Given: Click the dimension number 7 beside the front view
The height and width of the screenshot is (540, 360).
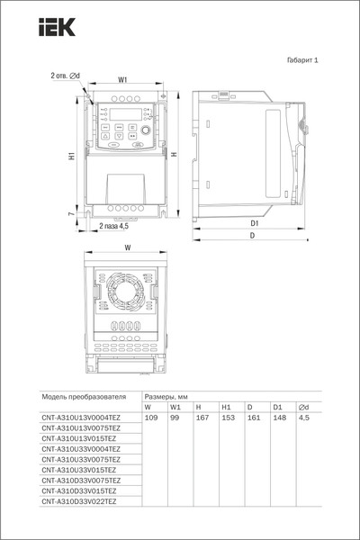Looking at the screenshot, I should (x=71, y=214).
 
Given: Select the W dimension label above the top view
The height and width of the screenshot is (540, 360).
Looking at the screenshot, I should (x=127, y=247).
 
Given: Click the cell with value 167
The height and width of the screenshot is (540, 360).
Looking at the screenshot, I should (x=199, y=418).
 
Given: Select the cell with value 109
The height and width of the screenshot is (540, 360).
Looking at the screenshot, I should (x=151, y=418).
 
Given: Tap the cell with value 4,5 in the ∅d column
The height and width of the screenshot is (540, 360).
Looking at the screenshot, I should (x=303, y=418).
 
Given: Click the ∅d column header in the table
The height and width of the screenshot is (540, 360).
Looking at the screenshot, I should (x=303, y=407).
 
